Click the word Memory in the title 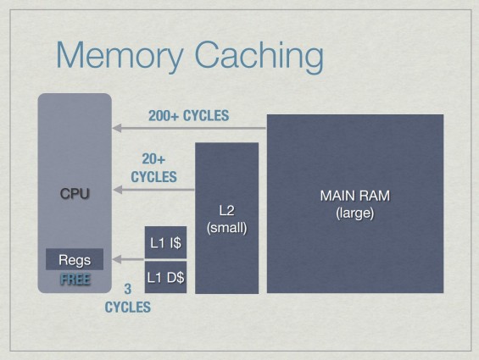pos(120,55)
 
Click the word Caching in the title pos(259,55)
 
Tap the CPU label pos(75,194)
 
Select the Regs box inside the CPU pos(75,259)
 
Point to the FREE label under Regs pos(75,280)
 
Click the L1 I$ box pos(165,242)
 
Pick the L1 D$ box pos(165,277)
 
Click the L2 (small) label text pos(226,219)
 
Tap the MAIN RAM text pos(355,196)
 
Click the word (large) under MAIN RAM pos(355,213)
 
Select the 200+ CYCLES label pos(188,116)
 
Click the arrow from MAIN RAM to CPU pos(189,128)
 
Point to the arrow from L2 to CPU pos(153,190)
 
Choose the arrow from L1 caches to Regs pos(128,259)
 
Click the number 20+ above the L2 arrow pos(153,159)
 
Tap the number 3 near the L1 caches pos(128,289)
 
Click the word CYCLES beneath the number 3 pos(128,307)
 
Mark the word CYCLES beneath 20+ pos(153,177)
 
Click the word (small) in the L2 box pos(226,228)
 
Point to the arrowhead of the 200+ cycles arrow pos(117,128)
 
